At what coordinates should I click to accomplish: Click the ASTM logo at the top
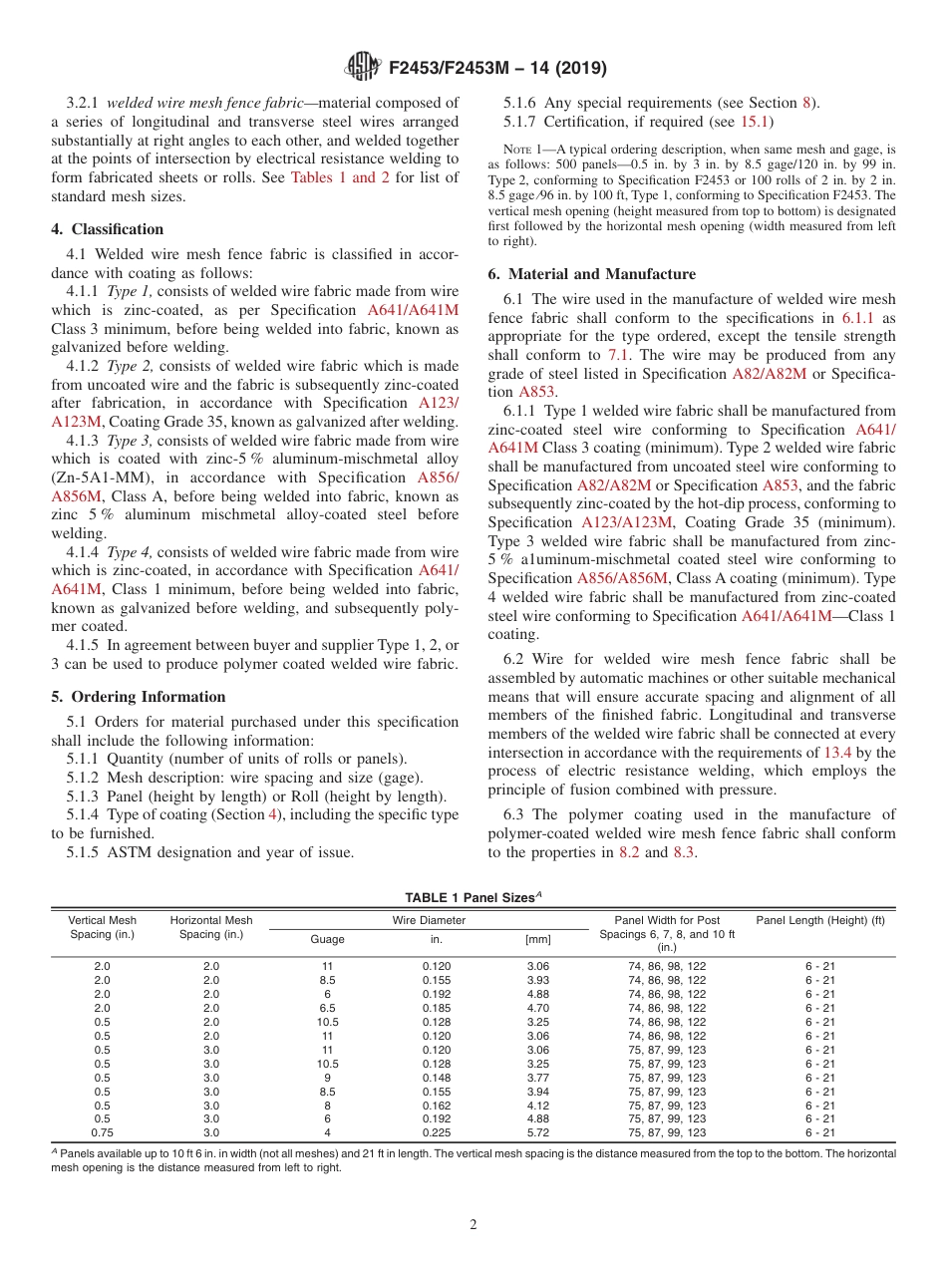coord(362,68)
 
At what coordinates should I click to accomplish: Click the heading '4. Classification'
coord(107,229)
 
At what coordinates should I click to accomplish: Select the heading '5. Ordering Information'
coord(138,697)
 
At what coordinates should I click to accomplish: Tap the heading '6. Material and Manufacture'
coord(592,274)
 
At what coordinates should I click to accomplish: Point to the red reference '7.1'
coord(618,355)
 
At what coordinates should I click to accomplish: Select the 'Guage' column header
coord(328,939)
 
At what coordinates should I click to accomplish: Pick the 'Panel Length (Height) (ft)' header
coord(820,920)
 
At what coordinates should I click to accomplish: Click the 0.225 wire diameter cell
coord(435,1132)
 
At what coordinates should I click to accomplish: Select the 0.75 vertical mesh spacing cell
coord(102,1132)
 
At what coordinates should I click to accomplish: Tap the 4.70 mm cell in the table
coord(537,1008)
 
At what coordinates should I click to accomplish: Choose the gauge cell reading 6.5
coord(328,1008)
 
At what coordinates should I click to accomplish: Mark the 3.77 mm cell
coord(537,1078)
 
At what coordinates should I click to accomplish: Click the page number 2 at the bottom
coord(473,1224)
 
